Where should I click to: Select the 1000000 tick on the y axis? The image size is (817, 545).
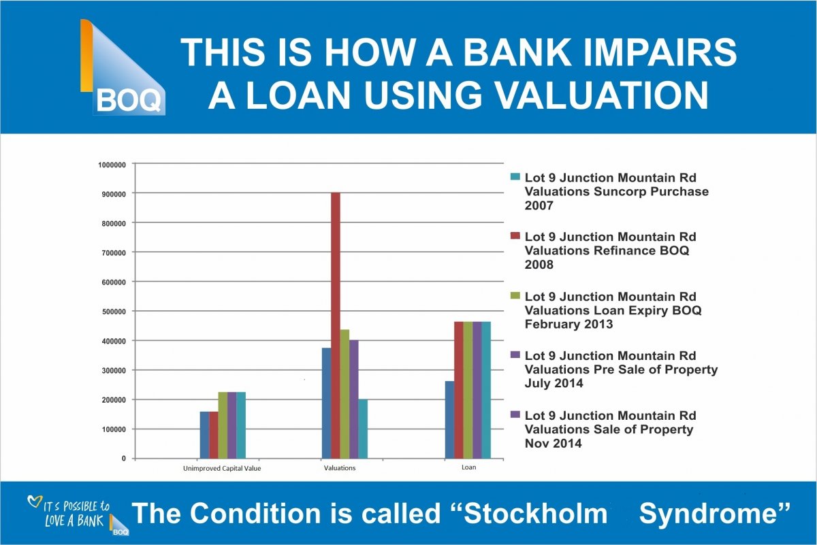[x=112, y=164]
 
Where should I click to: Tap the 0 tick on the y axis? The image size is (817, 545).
[x=124, y=459]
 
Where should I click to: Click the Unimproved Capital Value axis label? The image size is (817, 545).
[x=222, y=468]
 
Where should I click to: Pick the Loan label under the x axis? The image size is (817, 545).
[x=469, y=467]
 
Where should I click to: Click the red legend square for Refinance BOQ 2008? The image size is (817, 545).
[x=515, y=236]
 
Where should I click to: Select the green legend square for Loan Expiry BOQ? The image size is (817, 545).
[x=515, y=296]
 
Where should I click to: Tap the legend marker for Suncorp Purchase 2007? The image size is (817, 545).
[x=515, y=177]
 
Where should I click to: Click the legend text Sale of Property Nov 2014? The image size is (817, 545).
[x=610, y=429]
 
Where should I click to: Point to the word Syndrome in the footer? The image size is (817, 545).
[x=715, y=514]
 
